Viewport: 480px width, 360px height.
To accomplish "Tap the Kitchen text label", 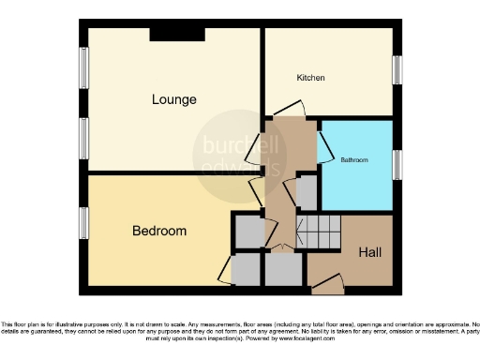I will pos(310,78).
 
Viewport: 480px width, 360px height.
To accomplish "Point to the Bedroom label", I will pos(158,231).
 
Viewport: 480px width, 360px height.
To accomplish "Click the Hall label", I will pos(370,252).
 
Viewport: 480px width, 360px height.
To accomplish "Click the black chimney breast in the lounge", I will pos(176,35).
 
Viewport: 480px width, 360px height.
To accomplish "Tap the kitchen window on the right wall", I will pos(397,70).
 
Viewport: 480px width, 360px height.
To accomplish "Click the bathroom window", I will pos(397,165).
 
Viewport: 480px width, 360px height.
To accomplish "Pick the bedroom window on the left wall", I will pos(83,223).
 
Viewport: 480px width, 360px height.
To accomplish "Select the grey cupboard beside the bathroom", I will pos(307,193).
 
